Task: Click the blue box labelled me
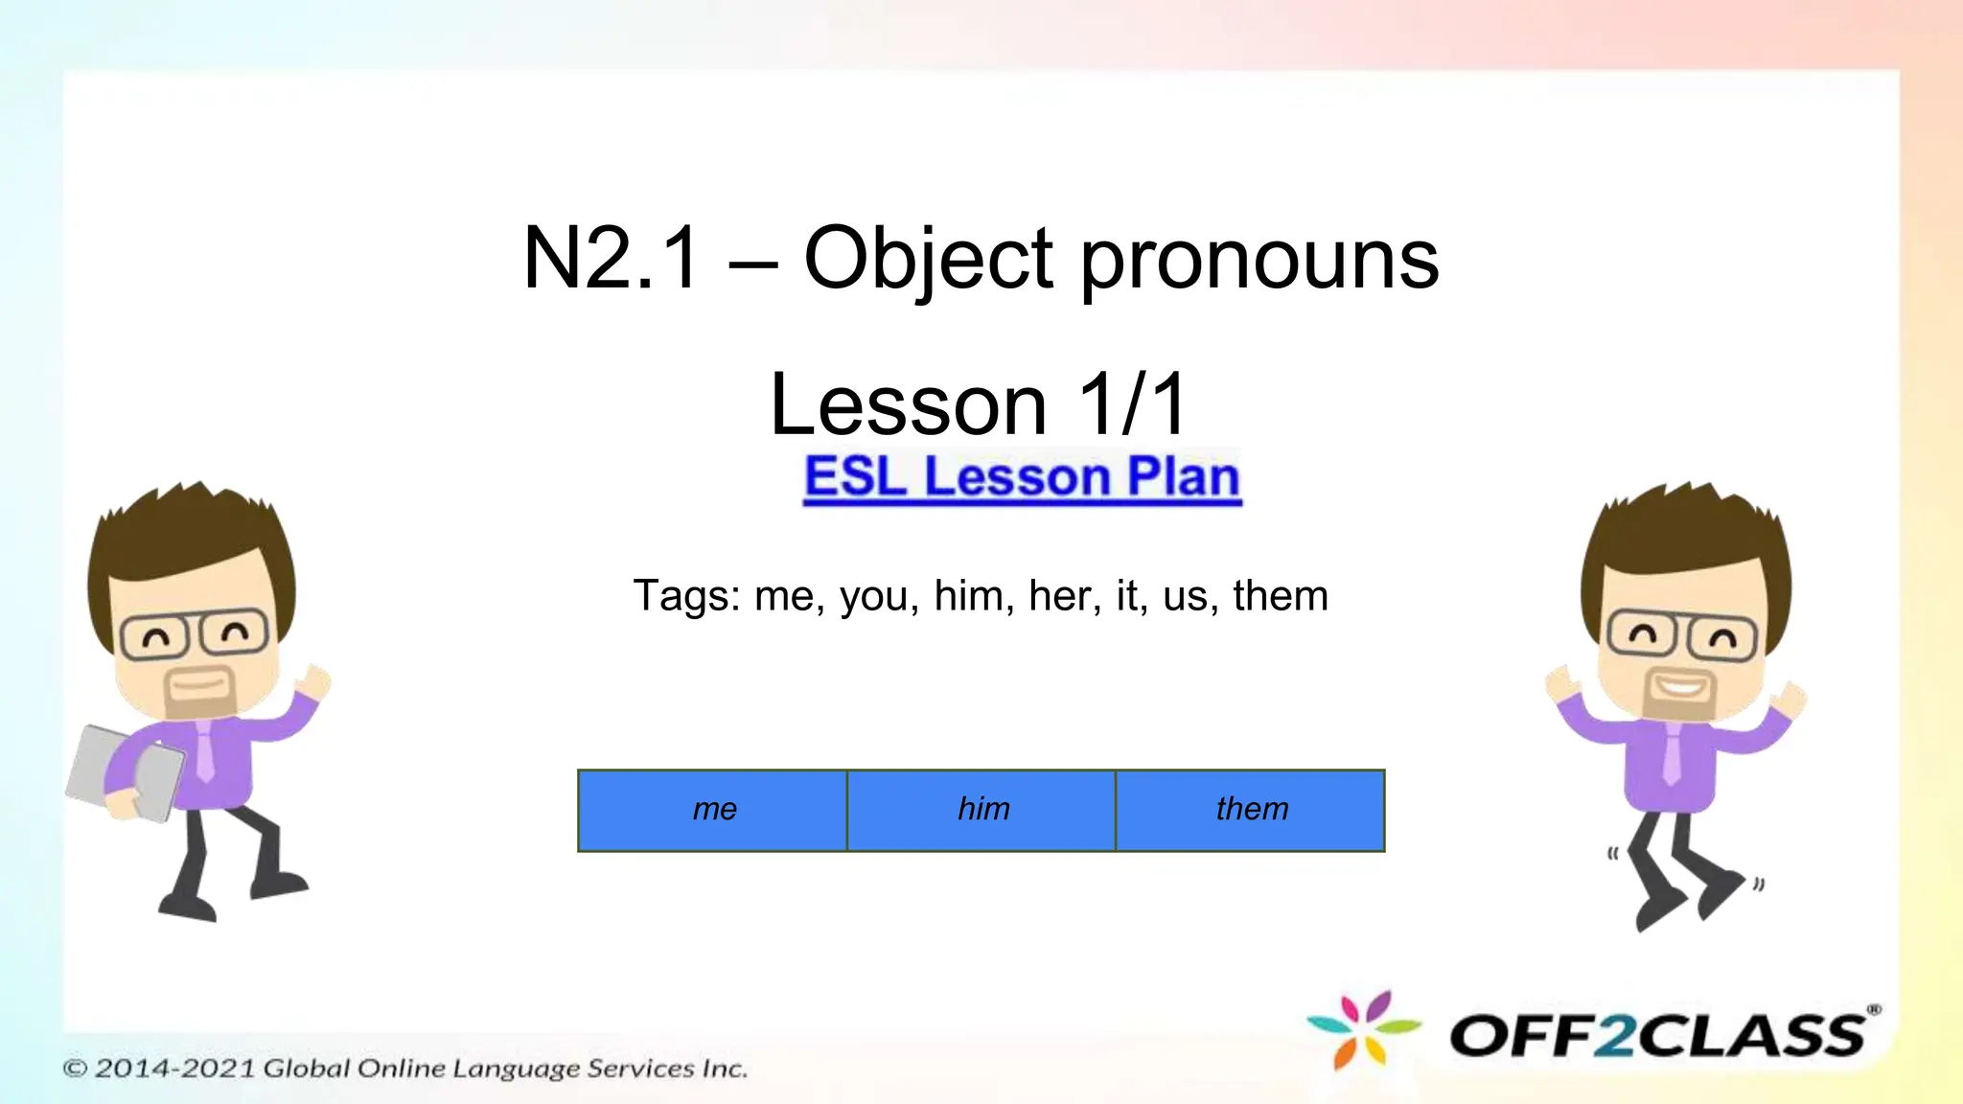[712, 810]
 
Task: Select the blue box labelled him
[981, 810]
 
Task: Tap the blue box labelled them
[1250, 810]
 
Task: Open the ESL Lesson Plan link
[1022, 477]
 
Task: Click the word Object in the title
[928, 259]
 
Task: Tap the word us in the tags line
[1185, 595]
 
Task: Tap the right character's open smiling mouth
[1682, 686]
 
